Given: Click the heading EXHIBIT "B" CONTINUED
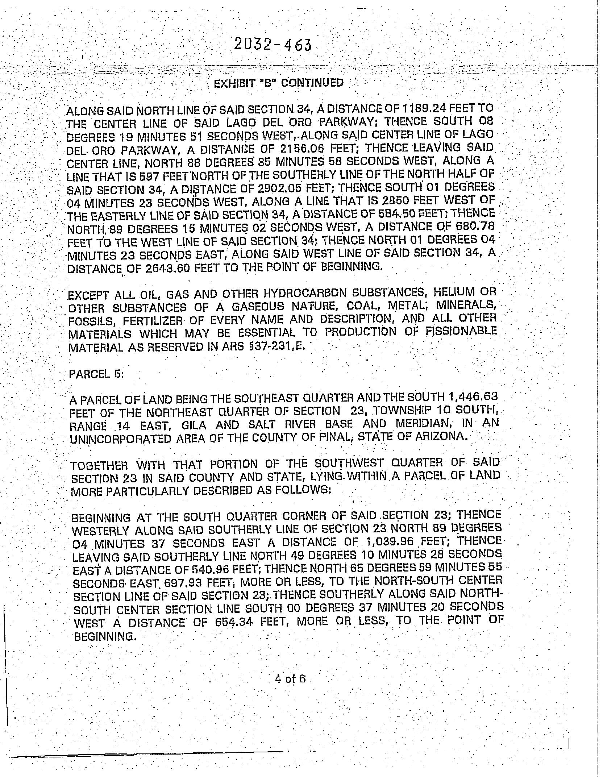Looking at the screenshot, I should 278,83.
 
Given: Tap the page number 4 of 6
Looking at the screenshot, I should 290,678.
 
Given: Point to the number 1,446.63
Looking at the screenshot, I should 475,397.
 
